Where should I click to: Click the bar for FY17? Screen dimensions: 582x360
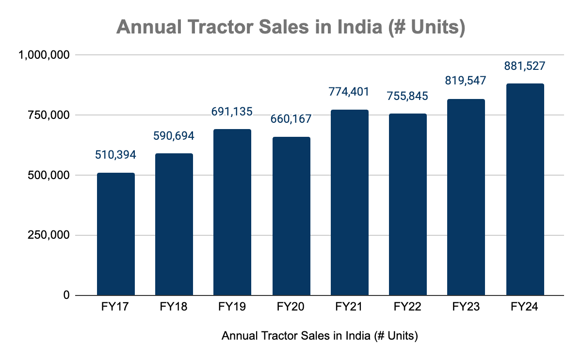116,234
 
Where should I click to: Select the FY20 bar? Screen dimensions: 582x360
291,216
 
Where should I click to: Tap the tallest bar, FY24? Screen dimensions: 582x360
525,190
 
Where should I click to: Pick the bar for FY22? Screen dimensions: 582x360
408,205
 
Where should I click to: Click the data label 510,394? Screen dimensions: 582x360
115,155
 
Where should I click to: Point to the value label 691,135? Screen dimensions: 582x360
232,112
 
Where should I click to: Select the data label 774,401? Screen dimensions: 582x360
349,92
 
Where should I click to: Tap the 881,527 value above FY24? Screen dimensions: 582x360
525,66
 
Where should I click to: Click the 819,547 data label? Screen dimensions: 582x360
465,81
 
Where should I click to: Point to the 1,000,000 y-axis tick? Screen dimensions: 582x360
44,55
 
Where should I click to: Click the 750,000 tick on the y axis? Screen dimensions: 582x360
48,115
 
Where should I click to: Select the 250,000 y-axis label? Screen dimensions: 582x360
48,235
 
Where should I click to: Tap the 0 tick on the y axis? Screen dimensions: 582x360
66,295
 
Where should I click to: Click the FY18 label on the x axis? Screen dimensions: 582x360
174,307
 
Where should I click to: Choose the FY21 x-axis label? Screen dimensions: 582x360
349,307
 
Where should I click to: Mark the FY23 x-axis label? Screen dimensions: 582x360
466,307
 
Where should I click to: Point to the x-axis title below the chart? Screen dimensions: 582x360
320,336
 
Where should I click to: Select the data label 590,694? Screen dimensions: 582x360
174,136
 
